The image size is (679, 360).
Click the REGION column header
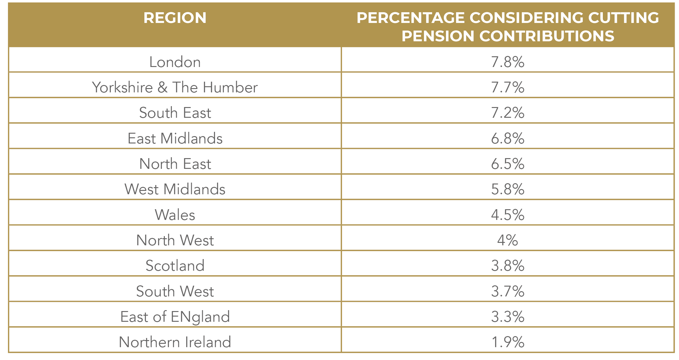point(175,18)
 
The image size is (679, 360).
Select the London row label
point(175,62)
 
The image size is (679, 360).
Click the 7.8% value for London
point(507,62)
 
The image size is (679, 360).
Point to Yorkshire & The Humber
point(175,87)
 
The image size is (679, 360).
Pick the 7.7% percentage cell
point(507,87)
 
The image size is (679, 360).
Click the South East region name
point(175,113)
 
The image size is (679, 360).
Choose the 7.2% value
point(507,113)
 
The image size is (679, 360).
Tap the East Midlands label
point(175,139)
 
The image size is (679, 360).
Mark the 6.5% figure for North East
point(507,164)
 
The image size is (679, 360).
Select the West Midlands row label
point(175,189)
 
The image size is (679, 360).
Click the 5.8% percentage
point(507,189)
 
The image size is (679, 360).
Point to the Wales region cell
point(175,215)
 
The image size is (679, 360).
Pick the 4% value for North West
point(507,240)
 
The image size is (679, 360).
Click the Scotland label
point(175,265)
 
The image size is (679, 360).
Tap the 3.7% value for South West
point(507,291)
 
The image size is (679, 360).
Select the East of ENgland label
point(175,317)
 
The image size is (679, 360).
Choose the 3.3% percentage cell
point(507,317)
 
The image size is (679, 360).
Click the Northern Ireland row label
point(175,342)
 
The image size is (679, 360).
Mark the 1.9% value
point(507,342)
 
